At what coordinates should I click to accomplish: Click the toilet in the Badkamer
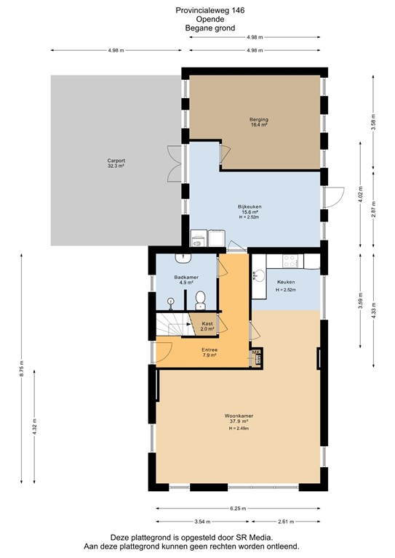(202, 298)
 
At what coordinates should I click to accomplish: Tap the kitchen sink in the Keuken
(260, 275)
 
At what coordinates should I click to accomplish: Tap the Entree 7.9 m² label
(210, 353)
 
